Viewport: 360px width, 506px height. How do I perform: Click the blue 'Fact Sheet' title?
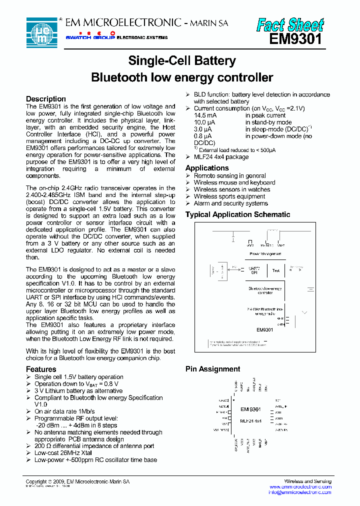pos(290,24)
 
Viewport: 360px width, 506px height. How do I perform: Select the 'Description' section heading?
pos(46,99)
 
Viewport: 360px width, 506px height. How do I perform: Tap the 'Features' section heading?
pos(41,369)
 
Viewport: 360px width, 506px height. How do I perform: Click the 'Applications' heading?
pos(207,168)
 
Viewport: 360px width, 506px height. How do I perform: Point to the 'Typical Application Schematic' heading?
pos(237,214)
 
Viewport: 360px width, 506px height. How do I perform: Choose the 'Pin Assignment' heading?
pos(212,369)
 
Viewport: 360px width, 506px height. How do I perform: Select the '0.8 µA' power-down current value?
pos(202,136)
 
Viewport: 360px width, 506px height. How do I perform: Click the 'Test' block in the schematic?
pos(276,270)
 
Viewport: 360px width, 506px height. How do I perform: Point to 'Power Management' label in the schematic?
pos(265,254)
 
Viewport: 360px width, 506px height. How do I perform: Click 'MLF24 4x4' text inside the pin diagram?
pos(250,421)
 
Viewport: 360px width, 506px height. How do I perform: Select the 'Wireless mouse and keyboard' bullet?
pos(234,182)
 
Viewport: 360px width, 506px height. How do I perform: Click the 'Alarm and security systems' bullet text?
pos(230,203)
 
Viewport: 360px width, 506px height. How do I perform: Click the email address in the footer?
pos(300,492)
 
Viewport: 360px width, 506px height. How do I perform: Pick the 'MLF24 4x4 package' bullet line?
pos(221,157)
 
